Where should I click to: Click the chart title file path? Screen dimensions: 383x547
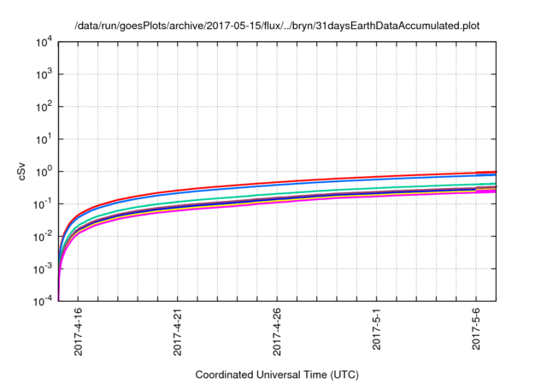273,26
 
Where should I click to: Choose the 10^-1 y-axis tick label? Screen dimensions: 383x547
42,203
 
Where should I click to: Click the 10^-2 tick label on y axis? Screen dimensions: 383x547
42,236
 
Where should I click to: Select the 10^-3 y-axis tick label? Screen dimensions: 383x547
42,268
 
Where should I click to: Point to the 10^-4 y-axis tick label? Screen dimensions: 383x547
42,301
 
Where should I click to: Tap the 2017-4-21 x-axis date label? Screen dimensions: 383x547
178,333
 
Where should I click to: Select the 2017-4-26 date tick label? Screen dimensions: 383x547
277,333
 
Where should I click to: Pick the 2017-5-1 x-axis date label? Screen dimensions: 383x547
377,335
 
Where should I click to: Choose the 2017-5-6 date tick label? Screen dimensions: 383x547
476,335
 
